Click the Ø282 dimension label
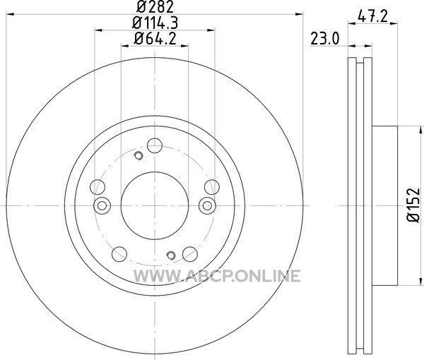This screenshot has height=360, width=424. pos(155,7)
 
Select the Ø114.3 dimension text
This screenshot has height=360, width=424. pos(155,23)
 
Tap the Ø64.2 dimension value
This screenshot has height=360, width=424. pos(155,39)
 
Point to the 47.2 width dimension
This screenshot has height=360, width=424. pos(372,17)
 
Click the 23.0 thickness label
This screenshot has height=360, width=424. pos(324,39)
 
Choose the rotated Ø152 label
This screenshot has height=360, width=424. pos(413,205)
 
